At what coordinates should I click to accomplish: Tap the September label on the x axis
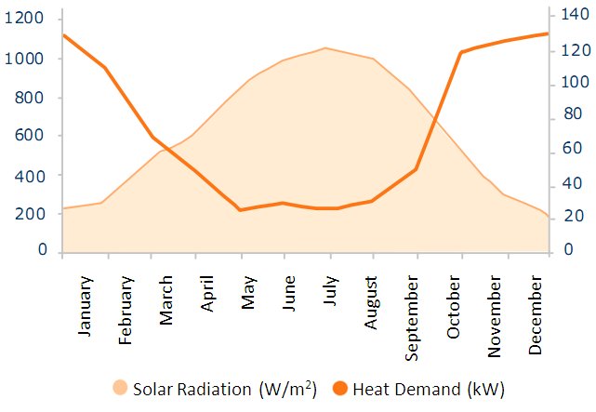point(413,316)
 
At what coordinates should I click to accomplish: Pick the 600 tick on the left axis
point(29,136)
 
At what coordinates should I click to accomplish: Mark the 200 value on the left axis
point(29,213)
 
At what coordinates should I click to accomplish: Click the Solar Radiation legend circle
point(120,387)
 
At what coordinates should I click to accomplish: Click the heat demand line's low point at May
point(240,210)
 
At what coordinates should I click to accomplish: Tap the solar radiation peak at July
point(325,47)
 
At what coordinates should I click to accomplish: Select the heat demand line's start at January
point(63,35)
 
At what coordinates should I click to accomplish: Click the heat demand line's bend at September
point(416,169)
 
